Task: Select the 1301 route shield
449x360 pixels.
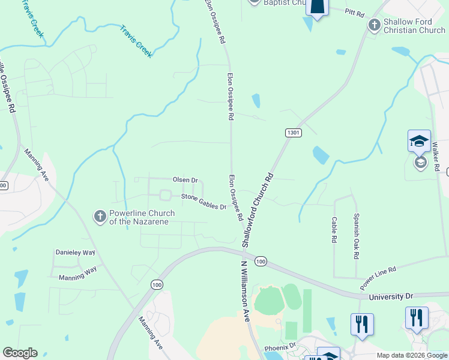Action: click(x=293, y=133)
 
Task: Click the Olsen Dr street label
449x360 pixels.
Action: click(x=185, y=180)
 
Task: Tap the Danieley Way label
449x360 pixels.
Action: click(x=76, y=253)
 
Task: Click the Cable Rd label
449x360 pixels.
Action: click(x=334, y=230)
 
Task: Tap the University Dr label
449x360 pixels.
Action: click(x=391, y=296)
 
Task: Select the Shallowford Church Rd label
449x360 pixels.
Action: click(x=258, y=210)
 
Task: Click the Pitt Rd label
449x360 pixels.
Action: click(x=355, y=11)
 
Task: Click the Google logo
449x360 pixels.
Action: click(x=20, y=353)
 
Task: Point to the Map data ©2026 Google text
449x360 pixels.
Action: click(x=411, y=355)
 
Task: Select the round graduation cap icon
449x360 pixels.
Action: click(x=420, y=163)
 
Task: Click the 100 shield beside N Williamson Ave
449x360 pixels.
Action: click(x=260, y=261)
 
